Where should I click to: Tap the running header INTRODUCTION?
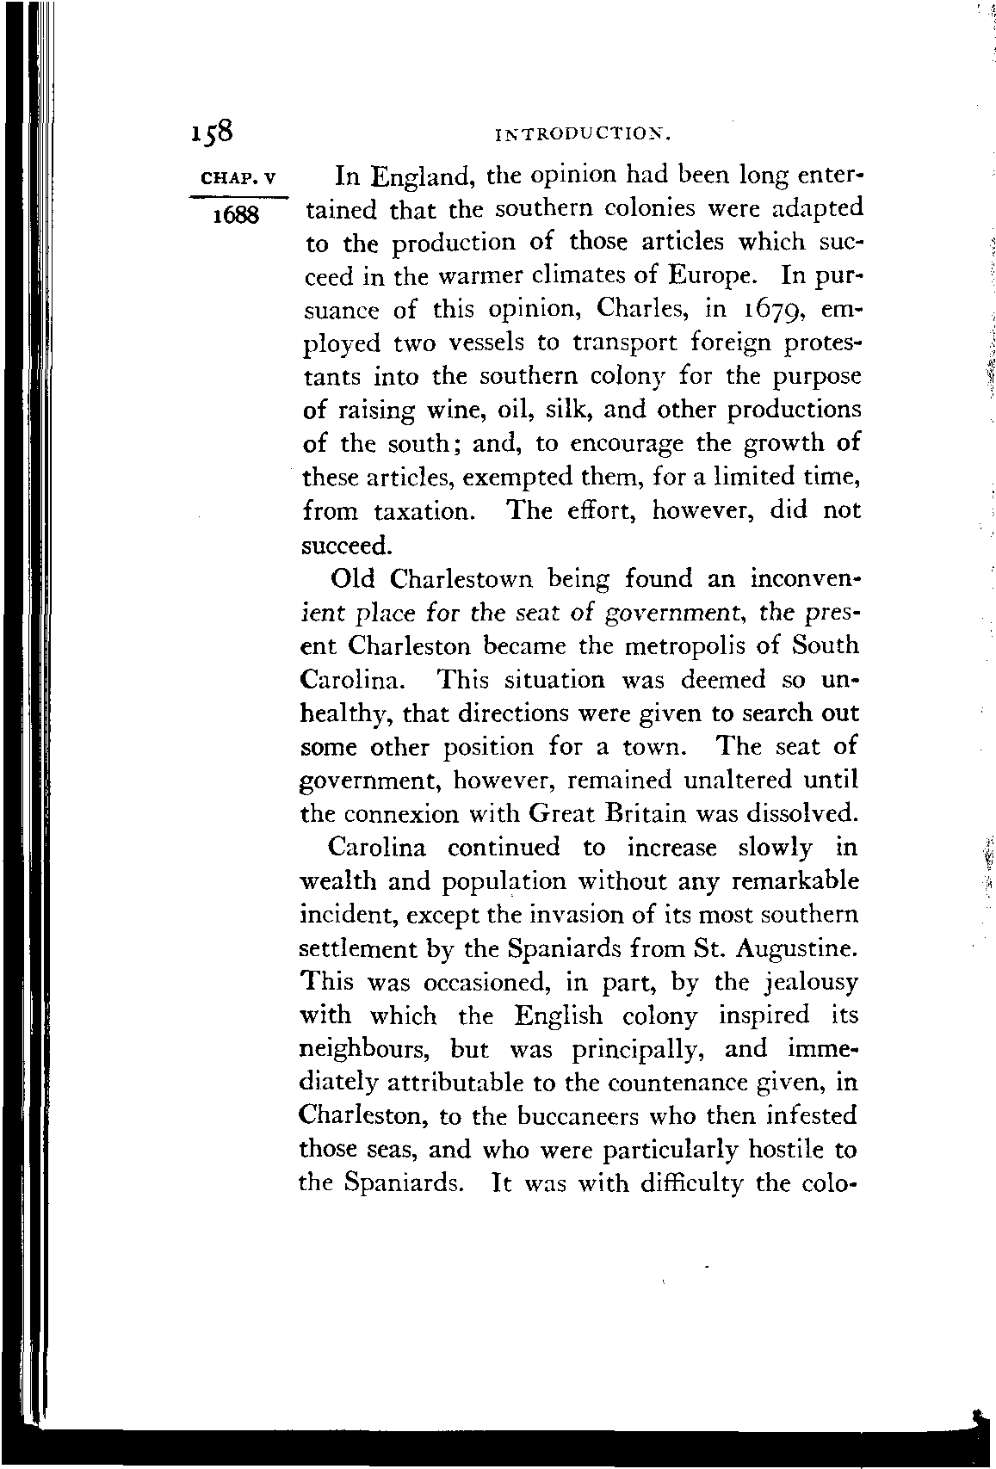583,134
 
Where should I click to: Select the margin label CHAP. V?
236,180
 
